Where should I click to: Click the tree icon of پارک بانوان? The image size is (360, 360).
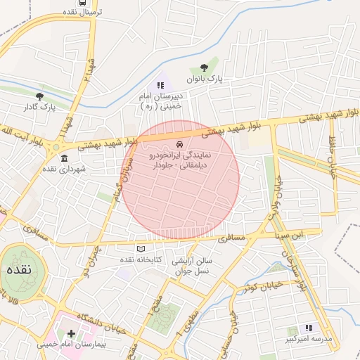point(204,68)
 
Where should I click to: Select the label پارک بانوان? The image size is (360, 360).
point(205,80)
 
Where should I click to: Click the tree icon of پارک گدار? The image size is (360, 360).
point(39,96)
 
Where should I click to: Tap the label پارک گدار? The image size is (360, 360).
point(39,107)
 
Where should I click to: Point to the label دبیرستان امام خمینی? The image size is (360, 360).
point(160,101)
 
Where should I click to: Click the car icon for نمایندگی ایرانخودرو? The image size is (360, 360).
point(180,143)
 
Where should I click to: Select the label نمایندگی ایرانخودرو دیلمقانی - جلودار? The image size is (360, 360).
point(180,158)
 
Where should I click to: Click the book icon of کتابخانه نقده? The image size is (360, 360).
point(140,249)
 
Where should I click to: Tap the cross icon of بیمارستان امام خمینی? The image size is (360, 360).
point(71,332)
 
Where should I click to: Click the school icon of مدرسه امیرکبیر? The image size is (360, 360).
point(308,328)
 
